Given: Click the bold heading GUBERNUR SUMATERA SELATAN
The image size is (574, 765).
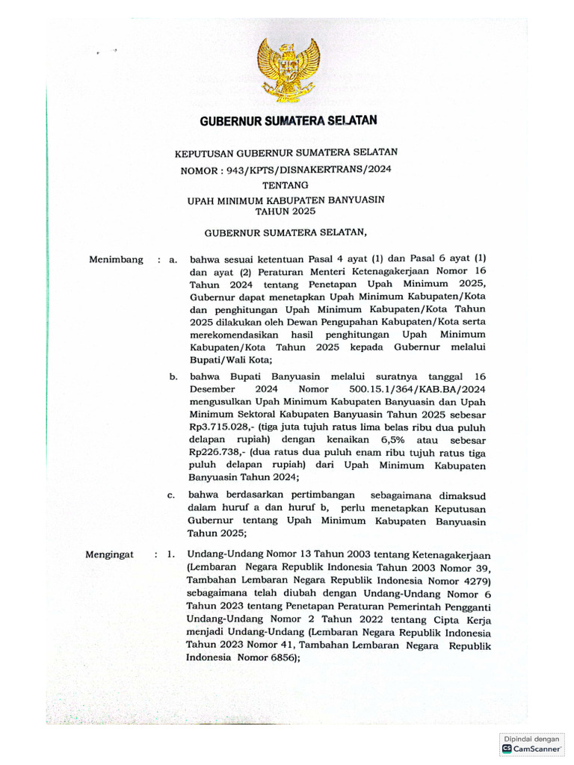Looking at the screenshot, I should (x=288, y=120).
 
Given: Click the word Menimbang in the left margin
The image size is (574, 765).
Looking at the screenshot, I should (x=116, y=260).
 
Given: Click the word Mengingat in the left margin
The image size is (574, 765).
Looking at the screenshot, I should (x=109, y=555).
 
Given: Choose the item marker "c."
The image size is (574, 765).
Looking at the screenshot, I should (x=171, y=495).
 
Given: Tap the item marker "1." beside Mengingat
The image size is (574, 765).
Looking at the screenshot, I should (x=171, y=555).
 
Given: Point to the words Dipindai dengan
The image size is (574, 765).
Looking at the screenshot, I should (x=531, y=739).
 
